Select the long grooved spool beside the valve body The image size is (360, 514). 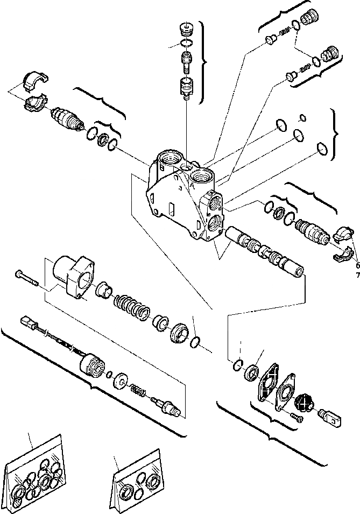pyautogui.click(x=264, y=250)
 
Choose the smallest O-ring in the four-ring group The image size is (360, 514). pyautogui.click(x=302, y=117)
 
